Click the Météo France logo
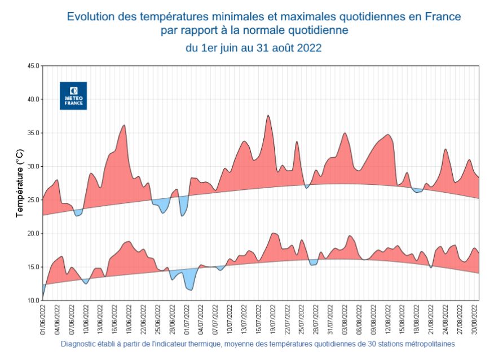coord(73,95)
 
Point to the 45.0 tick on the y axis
coord(33,66)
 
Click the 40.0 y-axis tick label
coord(33,99)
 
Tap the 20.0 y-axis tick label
coord(33,233)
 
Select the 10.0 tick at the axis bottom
coord(33,300)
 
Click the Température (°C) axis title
coord(19,183)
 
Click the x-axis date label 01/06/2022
coord(43,319)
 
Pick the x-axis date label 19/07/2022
coord(272,319)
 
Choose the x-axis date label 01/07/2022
coord(187,319)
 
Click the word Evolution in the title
coord(90,16)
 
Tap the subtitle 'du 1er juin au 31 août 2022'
coord(254,48)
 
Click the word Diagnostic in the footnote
coord(80,343)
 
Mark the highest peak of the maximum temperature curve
coord(268,115)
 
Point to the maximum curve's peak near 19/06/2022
coord(124,125)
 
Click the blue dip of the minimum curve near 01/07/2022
coord(190,290)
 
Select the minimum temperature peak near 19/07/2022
coord(274,233)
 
